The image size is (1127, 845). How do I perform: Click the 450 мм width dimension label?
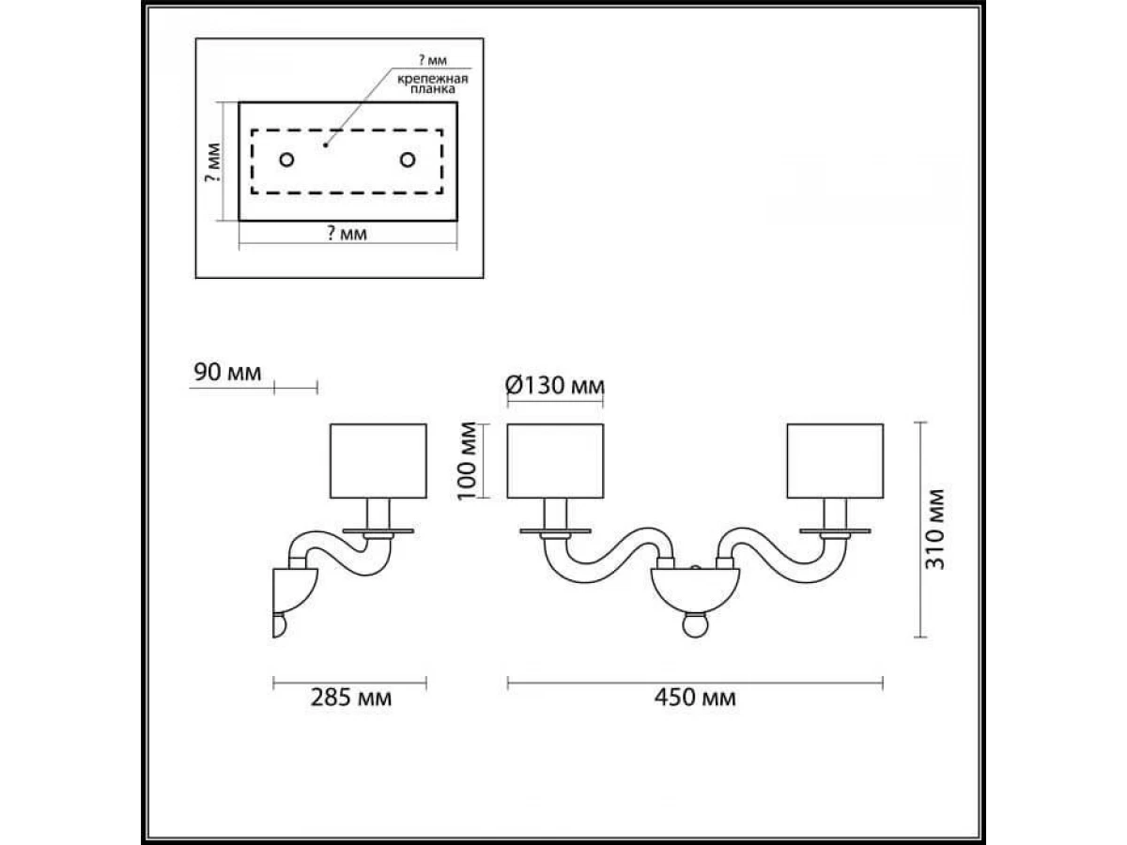pos(695,699)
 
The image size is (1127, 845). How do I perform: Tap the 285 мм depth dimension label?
pos(351,699)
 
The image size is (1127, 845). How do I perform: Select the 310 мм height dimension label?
pos(934,530)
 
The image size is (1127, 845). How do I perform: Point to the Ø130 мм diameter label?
pos(554,385)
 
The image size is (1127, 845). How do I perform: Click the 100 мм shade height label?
pos(467,461)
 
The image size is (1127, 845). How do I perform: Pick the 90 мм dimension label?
pos(227,373)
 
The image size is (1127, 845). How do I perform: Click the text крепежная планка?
pos(433,84)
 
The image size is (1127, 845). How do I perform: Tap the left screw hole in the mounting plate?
pos(287,160)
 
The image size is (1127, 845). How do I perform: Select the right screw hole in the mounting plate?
pos(408,160)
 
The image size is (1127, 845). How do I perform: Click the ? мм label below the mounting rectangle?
pos(347,234)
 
